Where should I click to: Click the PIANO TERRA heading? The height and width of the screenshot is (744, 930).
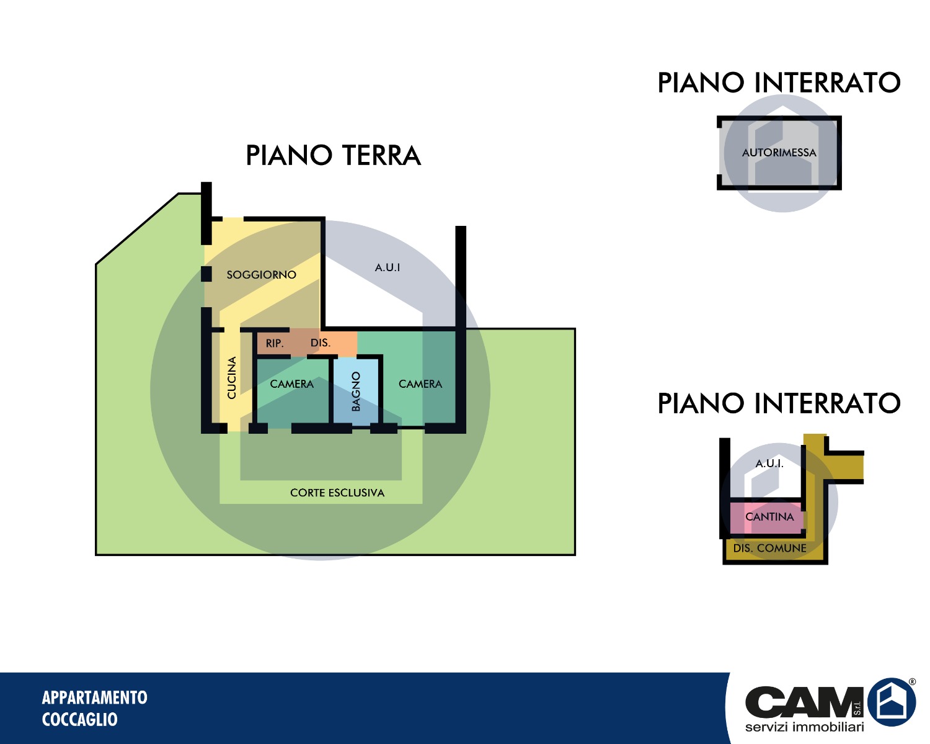coord(333,156)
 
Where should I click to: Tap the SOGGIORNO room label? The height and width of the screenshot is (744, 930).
coord(261,275)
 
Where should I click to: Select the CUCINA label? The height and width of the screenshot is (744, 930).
coord(232,377)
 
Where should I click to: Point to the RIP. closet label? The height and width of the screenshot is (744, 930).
coord(275,343)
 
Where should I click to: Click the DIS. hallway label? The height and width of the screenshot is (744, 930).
coord(320,343)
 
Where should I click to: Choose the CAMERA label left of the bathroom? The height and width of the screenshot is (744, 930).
coord(291,384)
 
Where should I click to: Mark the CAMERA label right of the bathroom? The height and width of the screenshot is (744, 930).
coord(420,384)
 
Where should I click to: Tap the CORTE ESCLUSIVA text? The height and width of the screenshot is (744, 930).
coord(337,493)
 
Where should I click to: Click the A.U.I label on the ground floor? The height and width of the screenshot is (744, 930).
coord(387,267)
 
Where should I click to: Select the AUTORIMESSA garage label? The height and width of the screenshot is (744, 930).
coord(779,153)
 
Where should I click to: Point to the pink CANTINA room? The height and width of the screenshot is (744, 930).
coord(769,517)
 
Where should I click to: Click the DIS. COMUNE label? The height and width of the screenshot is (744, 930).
coord(769,549)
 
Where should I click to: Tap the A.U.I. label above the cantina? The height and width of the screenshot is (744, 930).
coord(769,464)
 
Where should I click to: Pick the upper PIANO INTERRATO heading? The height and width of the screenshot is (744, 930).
coord(779,83)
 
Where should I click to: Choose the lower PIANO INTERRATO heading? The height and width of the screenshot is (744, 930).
coord(779,404)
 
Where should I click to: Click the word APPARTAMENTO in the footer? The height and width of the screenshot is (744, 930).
coord(94,697)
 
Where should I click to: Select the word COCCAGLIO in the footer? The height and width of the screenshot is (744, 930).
coord(79,720)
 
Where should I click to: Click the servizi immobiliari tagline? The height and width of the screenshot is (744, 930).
coord(804,727)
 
